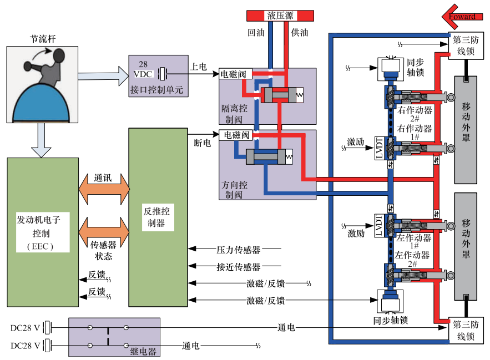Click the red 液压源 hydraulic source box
(280, 16)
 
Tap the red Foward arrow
(462, 17)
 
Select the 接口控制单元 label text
(156, 90)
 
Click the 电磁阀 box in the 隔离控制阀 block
(235, 74)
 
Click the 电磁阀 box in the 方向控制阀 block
(236, 135)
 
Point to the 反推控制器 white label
(158, 217)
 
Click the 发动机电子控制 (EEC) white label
(43, 232)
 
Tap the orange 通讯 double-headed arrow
(104, 189)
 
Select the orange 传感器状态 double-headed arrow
(104, 232)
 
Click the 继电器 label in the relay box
(143, 352)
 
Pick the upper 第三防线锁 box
(466, 45)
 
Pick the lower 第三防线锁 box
(466, 330)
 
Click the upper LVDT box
(380, 148)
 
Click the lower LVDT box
(379, 226)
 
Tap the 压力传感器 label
(239, 250)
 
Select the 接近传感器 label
(239, 267)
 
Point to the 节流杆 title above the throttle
(43, 39)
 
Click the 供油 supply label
(300, 33)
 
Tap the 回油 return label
(256, 33)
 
